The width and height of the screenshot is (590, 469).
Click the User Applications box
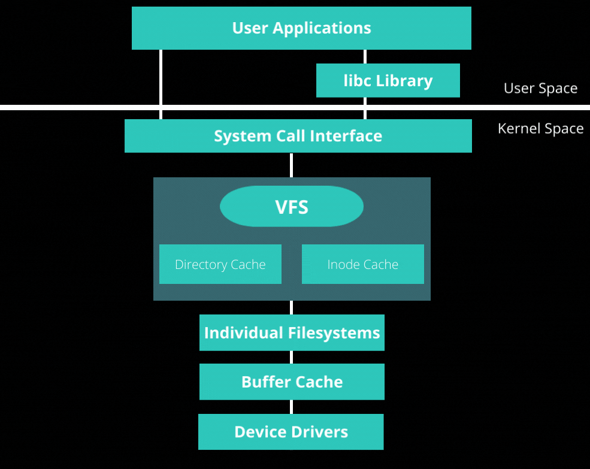point(301,28)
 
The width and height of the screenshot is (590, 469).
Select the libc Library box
point(388,81)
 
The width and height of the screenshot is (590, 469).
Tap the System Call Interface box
point(298,136)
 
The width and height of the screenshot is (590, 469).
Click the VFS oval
point(292,207)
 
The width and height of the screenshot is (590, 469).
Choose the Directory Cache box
point(220,264)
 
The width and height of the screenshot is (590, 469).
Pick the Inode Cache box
point(362,264)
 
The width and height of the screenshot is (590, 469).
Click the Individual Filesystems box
point(292,332)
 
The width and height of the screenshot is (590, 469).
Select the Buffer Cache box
point(292,382)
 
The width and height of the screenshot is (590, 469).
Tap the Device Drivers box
point(291,432)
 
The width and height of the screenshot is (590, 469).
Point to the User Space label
point(540,89)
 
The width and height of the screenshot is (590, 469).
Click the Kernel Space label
point(540,129)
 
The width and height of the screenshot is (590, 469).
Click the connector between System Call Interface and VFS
point(292,165)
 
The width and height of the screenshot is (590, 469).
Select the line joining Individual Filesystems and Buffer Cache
point(292,357)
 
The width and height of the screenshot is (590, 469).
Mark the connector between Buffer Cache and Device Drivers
point(292,407)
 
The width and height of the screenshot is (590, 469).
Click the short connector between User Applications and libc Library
point(365,56)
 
